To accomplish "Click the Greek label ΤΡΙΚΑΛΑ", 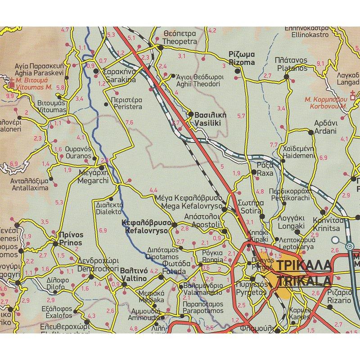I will (305, 265).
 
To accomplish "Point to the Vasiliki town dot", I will (191, 114).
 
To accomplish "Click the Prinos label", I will (71, 238).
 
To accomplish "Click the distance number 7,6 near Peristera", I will (130, 122).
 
